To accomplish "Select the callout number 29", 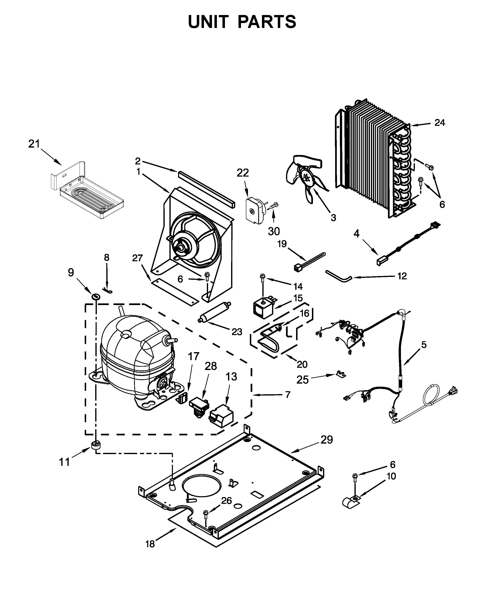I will point(327,440).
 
